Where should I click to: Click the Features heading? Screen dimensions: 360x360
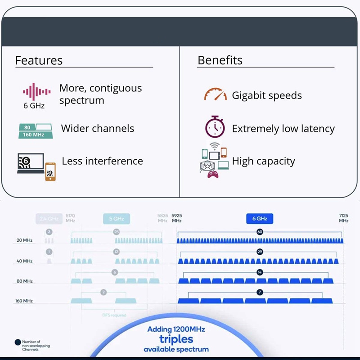pos(39,60)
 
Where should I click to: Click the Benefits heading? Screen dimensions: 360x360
pos(220,60)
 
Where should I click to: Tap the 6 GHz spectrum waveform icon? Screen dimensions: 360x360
pos(36,92)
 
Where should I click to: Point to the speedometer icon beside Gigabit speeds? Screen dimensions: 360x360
pos(215,94)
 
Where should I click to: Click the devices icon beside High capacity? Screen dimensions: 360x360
pos(214,160)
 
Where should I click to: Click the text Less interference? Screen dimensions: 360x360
pos(102,161)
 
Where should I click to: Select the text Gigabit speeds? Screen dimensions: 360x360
pos(267,95)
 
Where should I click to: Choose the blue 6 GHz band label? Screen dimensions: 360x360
pos(260,219)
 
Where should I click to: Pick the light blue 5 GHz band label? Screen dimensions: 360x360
pos(116,219)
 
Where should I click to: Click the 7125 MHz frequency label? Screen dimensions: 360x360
pos(344,218)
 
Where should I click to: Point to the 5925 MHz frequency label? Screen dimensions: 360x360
pos(176,218)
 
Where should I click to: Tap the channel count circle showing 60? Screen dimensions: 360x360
pos(260,232)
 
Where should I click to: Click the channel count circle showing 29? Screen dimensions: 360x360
pos(260,252)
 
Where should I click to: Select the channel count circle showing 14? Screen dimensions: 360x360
pos(260,272)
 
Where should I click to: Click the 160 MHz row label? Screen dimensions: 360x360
pos(24,301)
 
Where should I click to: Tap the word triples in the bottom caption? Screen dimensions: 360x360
pos(176,339)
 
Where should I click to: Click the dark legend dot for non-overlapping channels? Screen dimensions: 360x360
pos(18,342)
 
